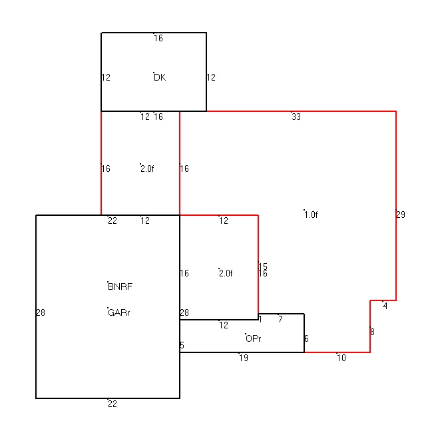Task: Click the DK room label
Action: [160, 77]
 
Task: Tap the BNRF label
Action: [120, 287]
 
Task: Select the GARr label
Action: [118, 312]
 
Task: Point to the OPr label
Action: [253, 338]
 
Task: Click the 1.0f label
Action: [311, 215]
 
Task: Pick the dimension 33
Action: [296, 117]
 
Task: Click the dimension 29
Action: [401, 215]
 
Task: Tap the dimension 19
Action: [244, 358]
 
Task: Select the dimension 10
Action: [341, 358]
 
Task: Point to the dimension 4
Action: [385, 306]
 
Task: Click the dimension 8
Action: [372, 332]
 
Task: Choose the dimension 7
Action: [280, 319]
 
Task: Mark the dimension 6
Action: [306, 338]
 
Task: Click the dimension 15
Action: [263, 266]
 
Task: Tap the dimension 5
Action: [182, 345]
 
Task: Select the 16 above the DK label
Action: [158, 39]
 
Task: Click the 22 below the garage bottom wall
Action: [112, 404]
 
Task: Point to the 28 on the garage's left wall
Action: [41, 312]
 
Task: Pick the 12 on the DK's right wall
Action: [211, 77]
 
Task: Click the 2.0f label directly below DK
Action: [147, 169]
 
